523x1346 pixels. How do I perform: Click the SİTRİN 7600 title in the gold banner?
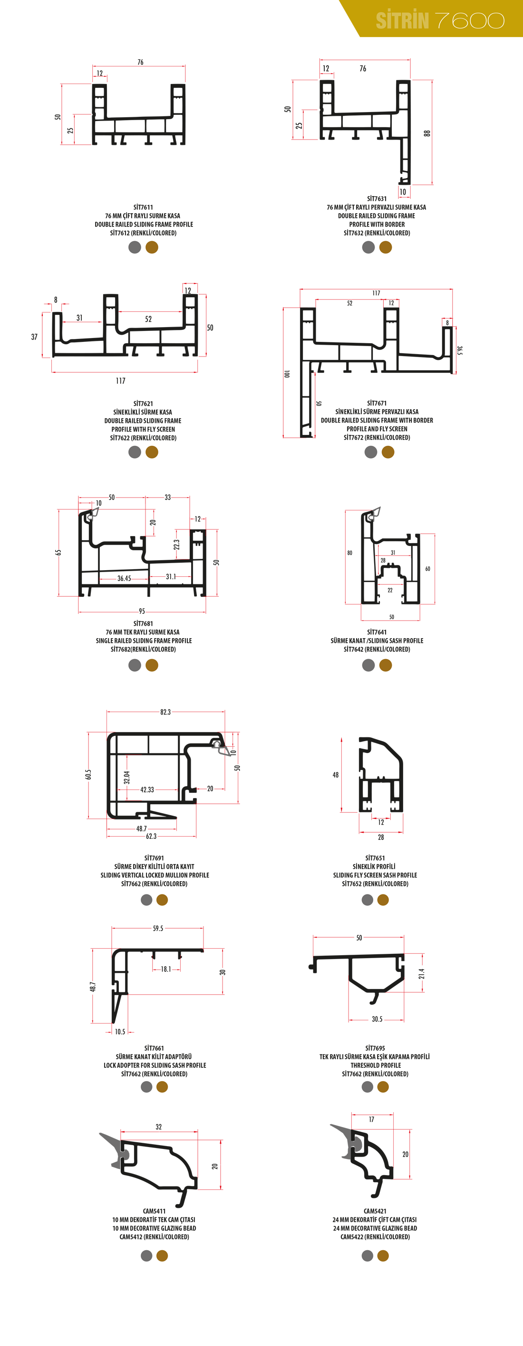click(x=440, y=20)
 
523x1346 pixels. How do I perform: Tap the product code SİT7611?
click(x=143, y=207)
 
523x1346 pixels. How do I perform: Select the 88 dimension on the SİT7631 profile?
click(x=427, y=133)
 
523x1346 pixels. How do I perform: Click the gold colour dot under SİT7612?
click(x=152, y=247)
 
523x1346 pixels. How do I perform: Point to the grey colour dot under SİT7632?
click(x=369, y=247)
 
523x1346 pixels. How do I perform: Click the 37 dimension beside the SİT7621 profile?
click(x=34, y=337)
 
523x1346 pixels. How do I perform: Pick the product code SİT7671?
click(x=377, y=404)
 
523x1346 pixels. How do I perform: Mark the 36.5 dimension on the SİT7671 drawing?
click(x=460, y=350)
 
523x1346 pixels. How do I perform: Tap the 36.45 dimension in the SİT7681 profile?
click(x=124, y=578)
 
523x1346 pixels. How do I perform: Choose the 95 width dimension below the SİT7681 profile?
click(x=142, y=612)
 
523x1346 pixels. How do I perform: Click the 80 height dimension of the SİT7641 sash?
click(x=350, y=553)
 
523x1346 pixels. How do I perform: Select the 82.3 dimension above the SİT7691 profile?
click(x=165, y=712)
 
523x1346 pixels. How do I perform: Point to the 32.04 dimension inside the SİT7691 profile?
click(x=126, y=778)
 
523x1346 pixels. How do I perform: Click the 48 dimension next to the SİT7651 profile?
click(x=335, y=775)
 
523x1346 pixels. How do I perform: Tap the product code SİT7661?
click(x=154, y=1048)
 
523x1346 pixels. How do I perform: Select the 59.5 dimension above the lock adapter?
click(x=158, y=929)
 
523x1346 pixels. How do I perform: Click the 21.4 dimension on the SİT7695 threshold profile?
click(x=422, y=973)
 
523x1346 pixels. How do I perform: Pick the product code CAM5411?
click(x=154, y=1211)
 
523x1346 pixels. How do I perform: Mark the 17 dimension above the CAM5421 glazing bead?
click(x=371, y=1119)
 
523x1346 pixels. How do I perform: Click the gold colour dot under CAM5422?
click(x=383, y=1256)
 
